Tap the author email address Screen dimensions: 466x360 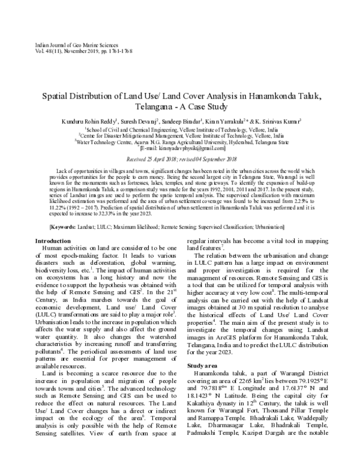tap(181, 148)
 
